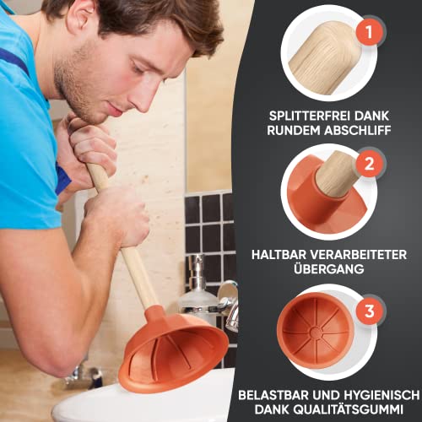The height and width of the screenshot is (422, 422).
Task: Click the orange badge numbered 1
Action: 365,33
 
